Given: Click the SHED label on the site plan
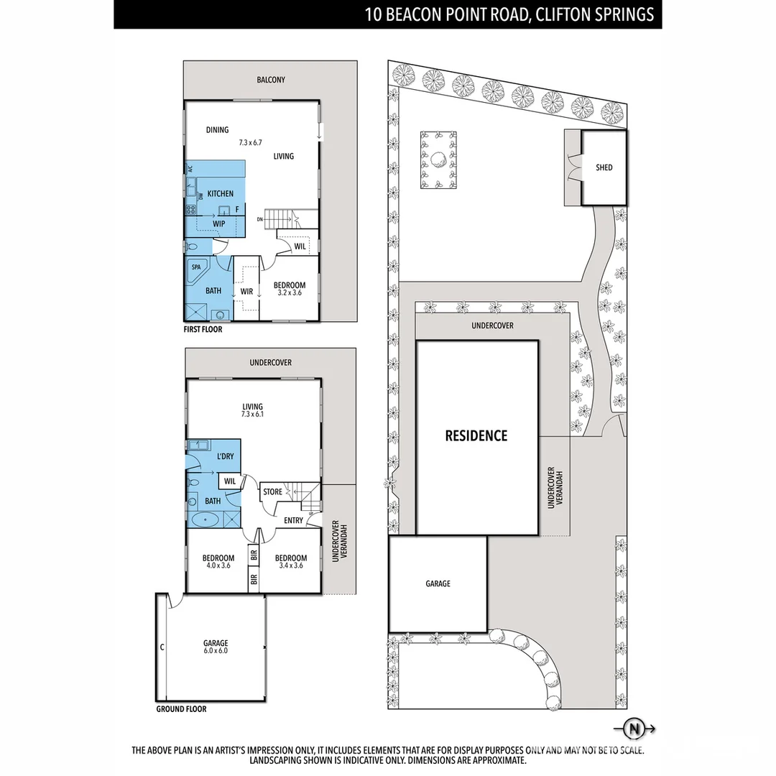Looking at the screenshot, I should click(604, 167).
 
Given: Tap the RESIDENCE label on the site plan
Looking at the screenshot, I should click(476, 435).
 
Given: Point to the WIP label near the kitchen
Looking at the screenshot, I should click(219, 223).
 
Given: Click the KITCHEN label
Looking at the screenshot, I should click(221, 194).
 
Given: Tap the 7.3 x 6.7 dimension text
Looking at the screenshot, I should click(251, 143).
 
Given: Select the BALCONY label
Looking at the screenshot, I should click(271, 80).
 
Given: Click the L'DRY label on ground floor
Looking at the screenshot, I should click(225, 456).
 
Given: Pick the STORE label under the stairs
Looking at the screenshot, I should click(273, 492).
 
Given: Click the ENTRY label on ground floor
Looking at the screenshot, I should click(293, 520).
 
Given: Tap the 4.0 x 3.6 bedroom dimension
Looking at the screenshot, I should click(218, 566).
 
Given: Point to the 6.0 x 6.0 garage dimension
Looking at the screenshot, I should click(216, 651).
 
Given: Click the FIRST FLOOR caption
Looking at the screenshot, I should click(203, 330).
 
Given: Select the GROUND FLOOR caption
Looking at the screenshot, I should click(181, 709).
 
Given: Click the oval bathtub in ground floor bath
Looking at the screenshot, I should click(205, 518).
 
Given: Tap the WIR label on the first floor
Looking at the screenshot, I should click(246, 292).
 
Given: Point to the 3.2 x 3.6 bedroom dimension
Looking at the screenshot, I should click(290, 293).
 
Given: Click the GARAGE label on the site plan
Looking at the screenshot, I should click(438, 583).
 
